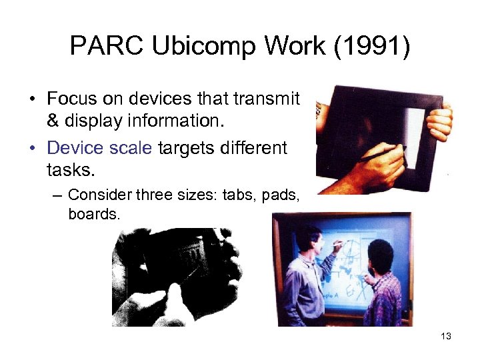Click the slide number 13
tap(446, 336)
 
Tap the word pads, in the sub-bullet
tap(280, 195)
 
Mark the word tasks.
tap(69, 171)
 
